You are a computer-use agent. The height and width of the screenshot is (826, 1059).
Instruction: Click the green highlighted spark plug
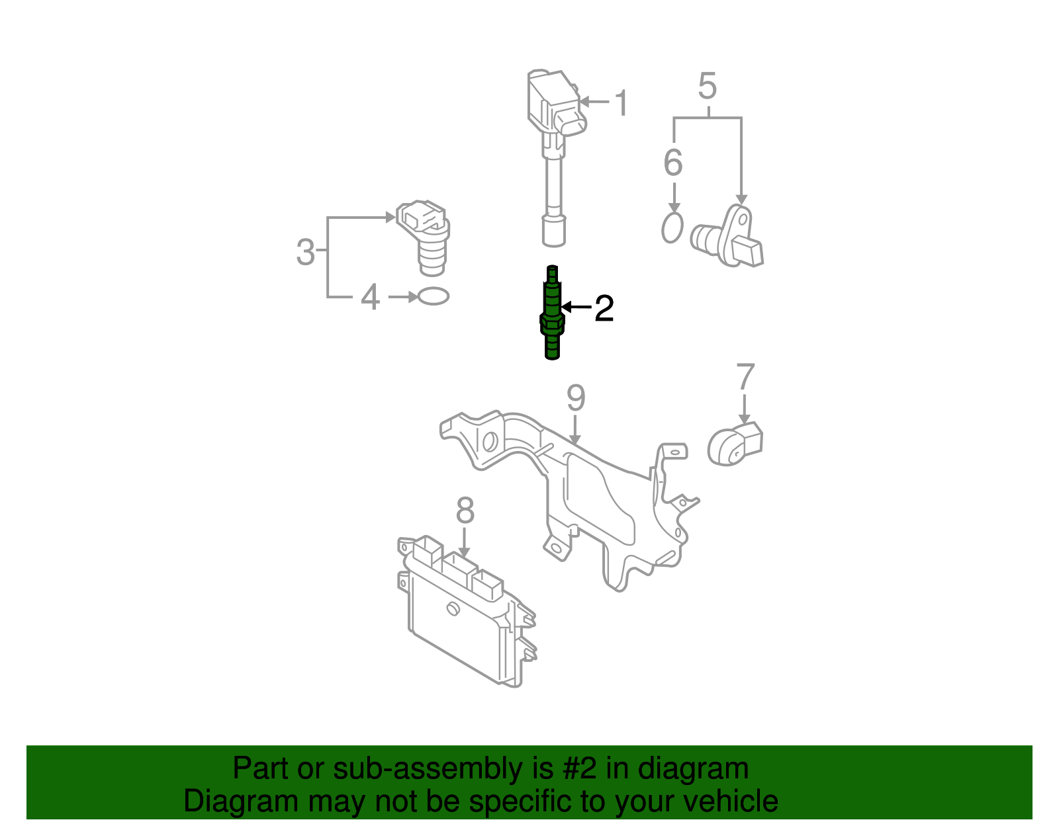tap(552, 313)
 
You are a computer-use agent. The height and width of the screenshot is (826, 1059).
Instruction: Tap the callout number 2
tap(604, 308)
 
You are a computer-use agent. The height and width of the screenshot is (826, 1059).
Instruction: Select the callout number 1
tap(622, 103)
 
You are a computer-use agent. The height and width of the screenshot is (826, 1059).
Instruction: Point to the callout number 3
tap(305, 252)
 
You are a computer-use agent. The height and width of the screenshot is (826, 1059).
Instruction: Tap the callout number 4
tap(370, 298)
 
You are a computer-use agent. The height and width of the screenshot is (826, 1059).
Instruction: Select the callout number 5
tap(707, 87)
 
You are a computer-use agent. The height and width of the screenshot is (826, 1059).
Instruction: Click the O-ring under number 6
tap(672, 228)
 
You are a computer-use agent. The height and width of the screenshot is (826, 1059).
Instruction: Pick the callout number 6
tap(672, 163)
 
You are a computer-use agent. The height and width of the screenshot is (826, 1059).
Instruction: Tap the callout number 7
tap(745, 378)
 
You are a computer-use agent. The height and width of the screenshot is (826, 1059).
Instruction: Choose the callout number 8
tap(465, 511)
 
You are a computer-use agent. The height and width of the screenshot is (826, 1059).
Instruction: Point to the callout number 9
tap(576, 398)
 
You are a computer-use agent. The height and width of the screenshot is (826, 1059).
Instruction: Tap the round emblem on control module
tap(453, 609)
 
